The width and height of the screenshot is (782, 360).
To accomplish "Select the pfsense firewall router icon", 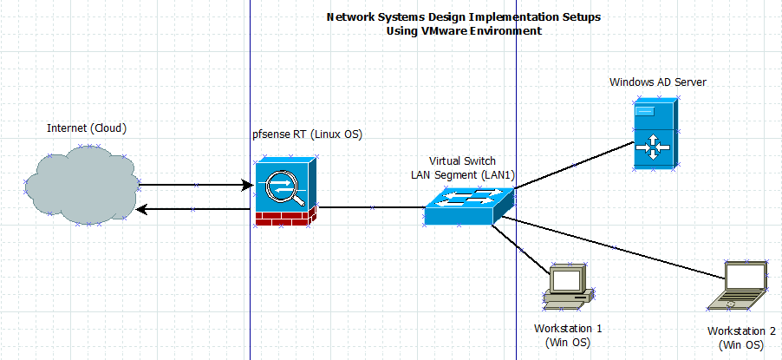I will click(285, 191).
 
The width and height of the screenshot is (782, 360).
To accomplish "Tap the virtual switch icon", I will click(469, 206).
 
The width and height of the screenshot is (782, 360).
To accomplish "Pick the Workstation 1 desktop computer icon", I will click(569, 287).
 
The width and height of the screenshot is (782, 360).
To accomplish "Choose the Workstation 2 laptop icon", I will click(738, 285).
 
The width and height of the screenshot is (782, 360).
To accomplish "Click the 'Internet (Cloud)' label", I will click(87, 128).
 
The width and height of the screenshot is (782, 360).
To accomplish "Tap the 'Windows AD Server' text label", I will click(657, 82).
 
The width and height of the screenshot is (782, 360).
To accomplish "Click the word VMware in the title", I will click(444, 30).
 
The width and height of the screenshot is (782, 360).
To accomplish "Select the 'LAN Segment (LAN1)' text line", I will click(463, 174).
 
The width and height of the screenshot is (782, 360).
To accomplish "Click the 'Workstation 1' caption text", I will click(568, 329).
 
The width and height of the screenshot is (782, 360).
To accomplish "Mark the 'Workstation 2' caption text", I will click(741, 331).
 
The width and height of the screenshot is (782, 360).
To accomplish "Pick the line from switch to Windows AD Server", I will click(573, 164).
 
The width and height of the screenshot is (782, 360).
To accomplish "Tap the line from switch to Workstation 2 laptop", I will click(616, 248).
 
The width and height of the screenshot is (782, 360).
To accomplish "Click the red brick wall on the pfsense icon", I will click(283, 217).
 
